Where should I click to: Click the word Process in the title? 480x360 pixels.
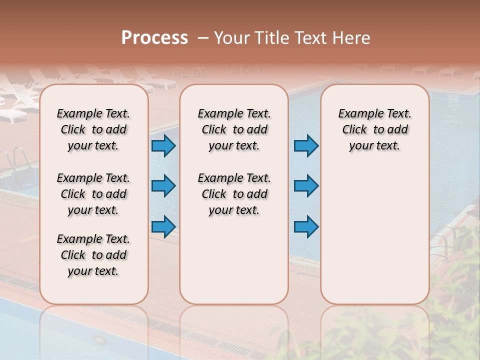click(x=154, y=38)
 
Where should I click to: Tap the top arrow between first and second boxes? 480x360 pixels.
click(x=163, y=146)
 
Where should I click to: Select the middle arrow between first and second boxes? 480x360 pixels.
click(x=163, y=186)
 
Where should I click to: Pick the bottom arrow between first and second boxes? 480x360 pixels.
click(x=163, y=226)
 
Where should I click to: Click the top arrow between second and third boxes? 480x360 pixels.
click(x=306, y=146)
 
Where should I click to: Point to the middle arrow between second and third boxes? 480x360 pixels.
click(x=306, y=186)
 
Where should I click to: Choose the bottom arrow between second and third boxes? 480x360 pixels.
click(x=306, y=226)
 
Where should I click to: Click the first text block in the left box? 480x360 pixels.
click(x=93, y=129)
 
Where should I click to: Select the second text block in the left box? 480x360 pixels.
click(x=93, y=194)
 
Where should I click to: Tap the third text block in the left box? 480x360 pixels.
click(x=93, y=255)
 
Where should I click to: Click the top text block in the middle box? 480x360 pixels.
click(x=234, y=129)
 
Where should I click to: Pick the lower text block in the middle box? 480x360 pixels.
click(x=234, y=194)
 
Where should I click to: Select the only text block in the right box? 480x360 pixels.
click(x=374, y=129)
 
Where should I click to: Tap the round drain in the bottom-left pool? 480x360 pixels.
click(x=100, y=340)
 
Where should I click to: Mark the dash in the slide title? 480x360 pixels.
click(x=202, y=38)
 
